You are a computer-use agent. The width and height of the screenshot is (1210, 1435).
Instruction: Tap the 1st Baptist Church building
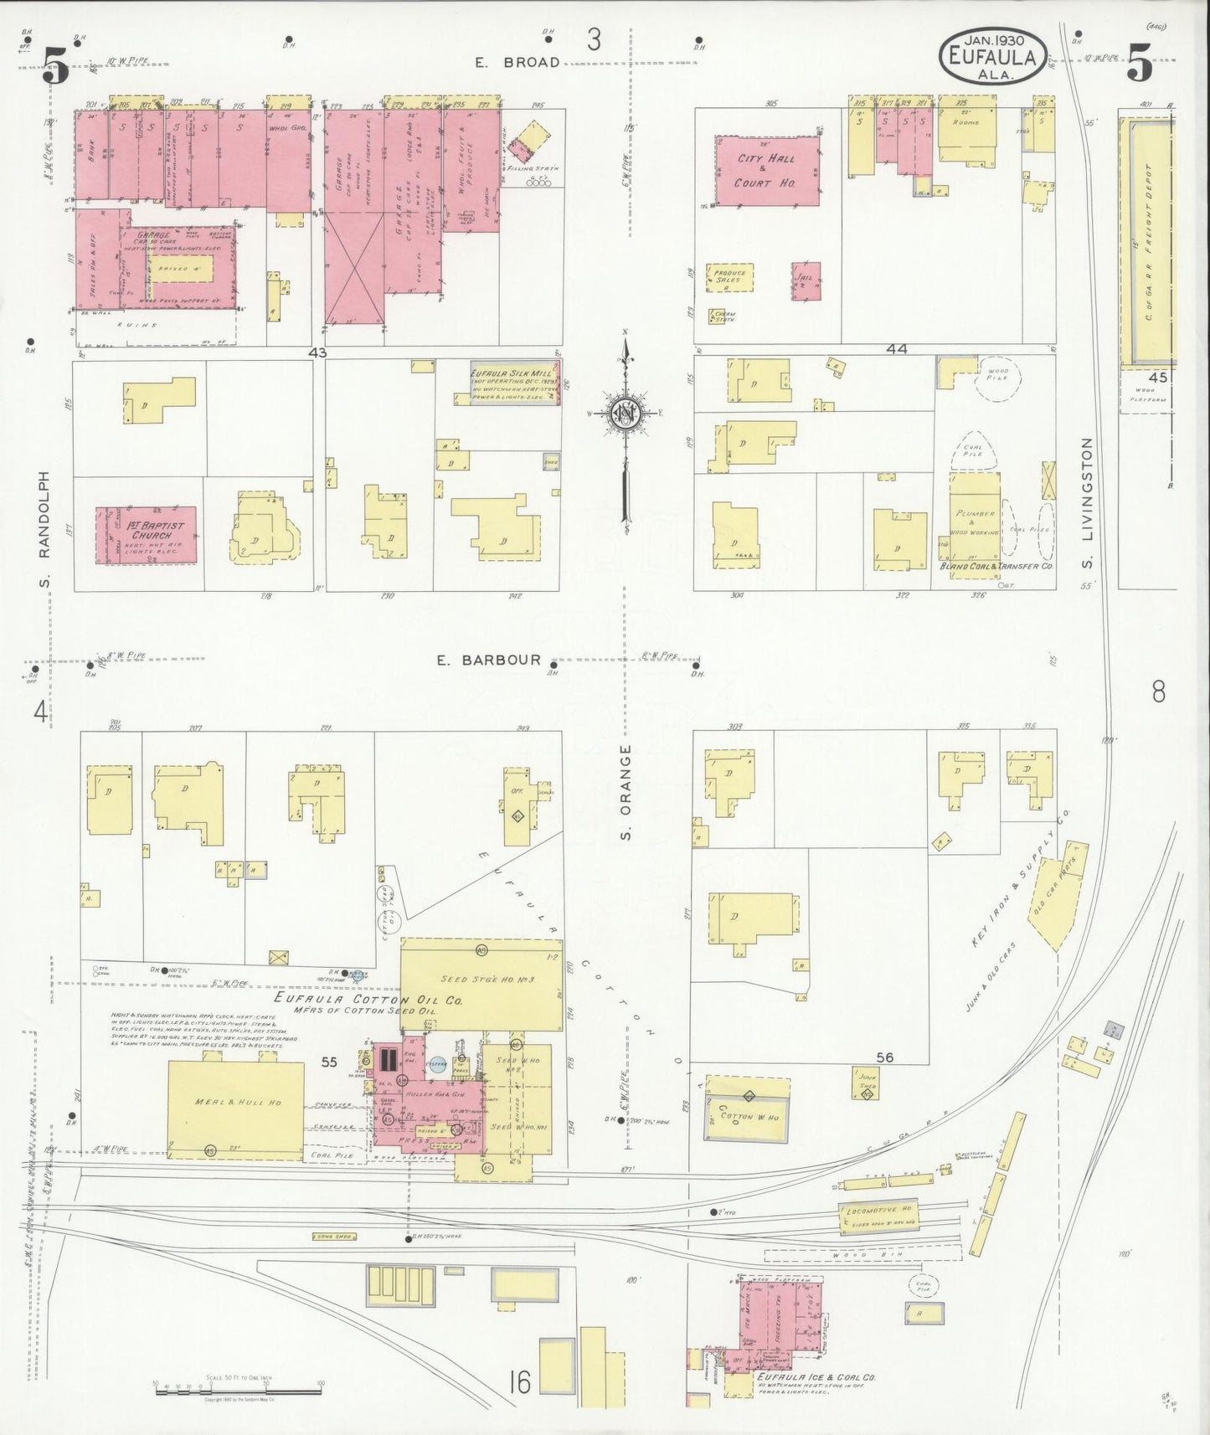tap(146, 535)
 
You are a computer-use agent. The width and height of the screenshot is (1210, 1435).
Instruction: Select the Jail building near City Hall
tap(806, 281)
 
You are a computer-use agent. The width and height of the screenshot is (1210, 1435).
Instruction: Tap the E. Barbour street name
tap(488, 660)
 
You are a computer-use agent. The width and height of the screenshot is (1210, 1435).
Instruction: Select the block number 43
tap(317, 353)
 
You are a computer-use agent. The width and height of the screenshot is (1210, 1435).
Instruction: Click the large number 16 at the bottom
tap(519, 1382)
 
